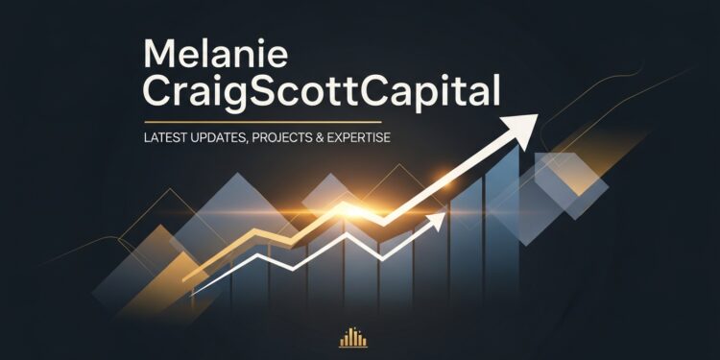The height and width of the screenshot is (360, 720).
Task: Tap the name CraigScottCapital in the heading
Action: pyautogui.click(x=322, y=92)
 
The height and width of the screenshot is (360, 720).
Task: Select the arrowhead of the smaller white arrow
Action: pyautogui.click(x=436, y=221)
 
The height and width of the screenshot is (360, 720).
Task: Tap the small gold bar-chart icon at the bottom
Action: pyautogui.click(x=353, y=337)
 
